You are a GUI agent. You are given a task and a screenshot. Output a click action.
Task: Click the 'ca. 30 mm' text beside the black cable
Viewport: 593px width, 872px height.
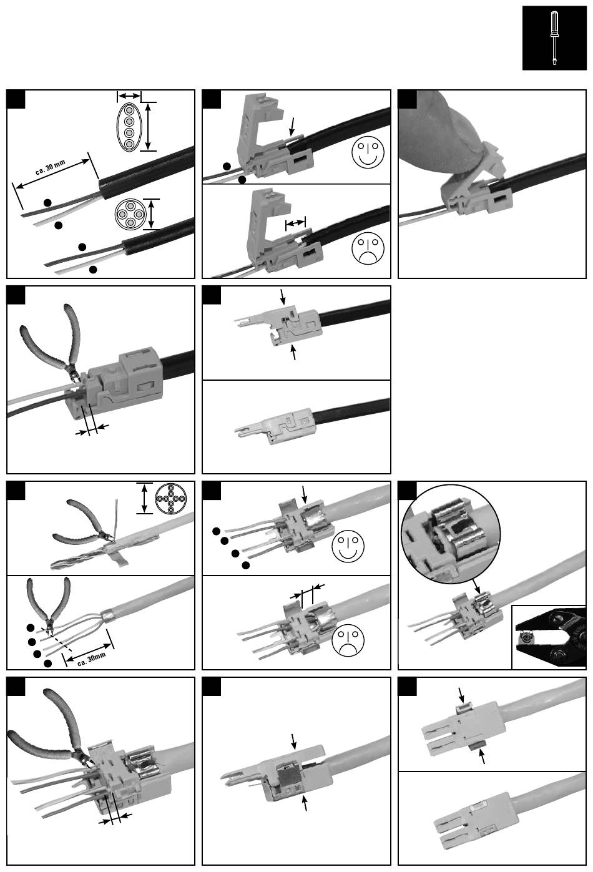[50, 167]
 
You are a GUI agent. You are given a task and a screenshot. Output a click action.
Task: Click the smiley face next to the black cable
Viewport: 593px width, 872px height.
[368, 152]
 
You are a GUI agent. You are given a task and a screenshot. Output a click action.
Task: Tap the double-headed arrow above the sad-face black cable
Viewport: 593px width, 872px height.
[295, 223]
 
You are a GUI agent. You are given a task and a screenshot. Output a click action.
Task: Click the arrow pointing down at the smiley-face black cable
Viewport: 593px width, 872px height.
[293, 126]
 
